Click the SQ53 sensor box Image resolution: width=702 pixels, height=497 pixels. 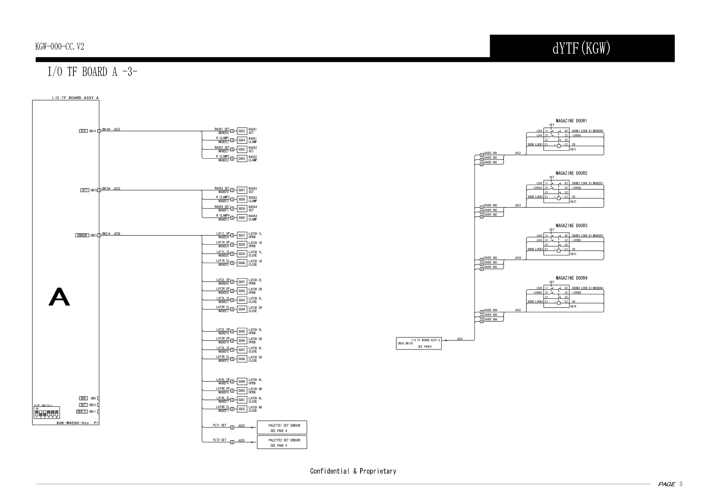tap(242, 131)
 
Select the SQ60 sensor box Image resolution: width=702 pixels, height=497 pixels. tap(242, 218)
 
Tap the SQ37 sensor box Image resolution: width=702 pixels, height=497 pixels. tap(242, 236)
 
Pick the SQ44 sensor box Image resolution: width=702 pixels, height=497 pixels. tap(242, 309)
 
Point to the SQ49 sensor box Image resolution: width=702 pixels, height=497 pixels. tap(242, 381)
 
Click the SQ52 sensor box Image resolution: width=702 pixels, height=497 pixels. tap(242, 409)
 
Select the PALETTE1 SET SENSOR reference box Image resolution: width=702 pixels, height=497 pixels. tap(282, 427)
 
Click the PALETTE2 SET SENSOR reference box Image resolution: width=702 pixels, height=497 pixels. tap(282, 442)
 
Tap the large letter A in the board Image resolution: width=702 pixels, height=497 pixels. tap(59, 297)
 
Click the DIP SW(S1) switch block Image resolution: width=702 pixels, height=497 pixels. tap(46, 413)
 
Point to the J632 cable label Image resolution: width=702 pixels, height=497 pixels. tap(117, 129)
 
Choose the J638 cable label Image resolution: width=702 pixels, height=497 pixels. tap(117, 233)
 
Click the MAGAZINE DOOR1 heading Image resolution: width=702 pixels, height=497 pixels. tap(571, 121)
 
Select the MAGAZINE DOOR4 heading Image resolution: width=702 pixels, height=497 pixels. tap(571, 278)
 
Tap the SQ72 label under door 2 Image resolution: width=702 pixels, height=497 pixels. tap(573, 202)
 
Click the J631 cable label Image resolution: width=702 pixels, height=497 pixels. tap(460, 339)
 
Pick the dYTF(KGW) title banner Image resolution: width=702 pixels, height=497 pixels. tap(582, 48)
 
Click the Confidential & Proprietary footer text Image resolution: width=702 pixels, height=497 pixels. tap(353, 471)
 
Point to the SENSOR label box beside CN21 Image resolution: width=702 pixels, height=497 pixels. tap(82, 236)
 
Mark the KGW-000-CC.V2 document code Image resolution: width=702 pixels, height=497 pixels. tap(60, 47)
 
